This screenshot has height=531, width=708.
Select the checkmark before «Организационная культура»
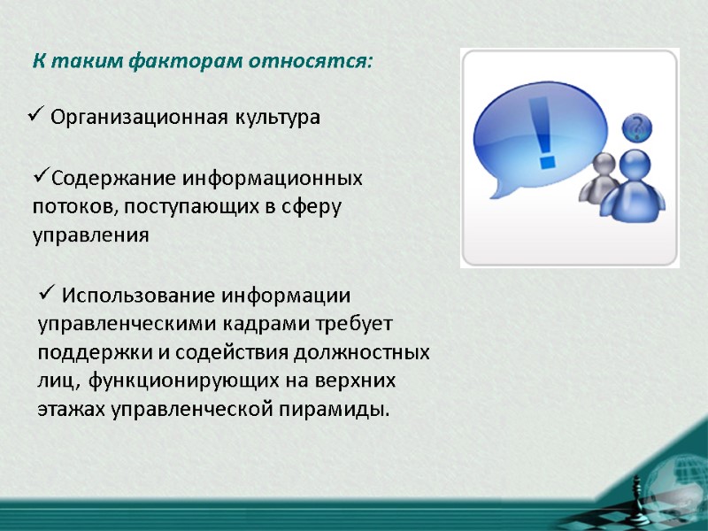(35, 115)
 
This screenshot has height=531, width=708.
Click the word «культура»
(275, 118)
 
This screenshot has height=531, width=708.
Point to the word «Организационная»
(137, 118)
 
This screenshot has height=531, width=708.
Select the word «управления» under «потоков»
(90, 236)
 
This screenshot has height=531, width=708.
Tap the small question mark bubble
(635, 127)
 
